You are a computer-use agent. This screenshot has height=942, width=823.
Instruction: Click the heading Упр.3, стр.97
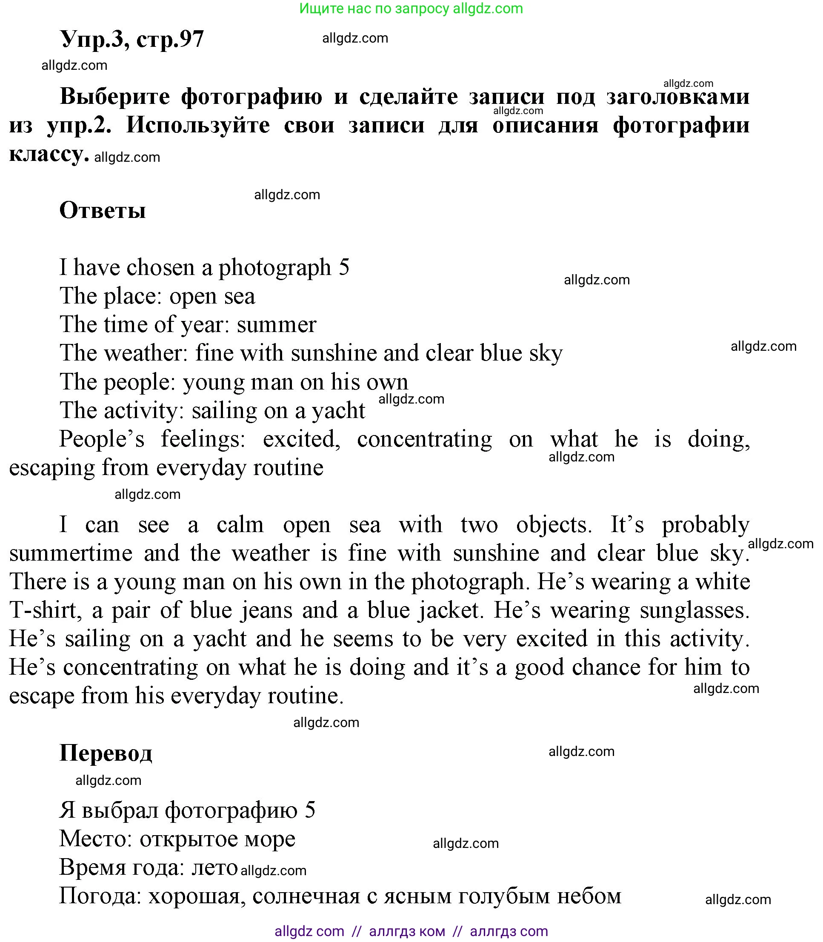[x=132, y=40]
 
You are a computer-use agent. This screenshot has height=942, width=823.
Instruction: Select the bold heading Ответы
[x=103, y=211]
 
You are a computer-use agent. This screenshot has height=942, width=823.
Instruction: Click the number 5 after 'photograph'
[x=344, y=267]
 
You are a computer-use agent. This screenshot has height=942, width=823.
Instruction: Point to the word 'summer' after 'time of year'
[x=277, y=325]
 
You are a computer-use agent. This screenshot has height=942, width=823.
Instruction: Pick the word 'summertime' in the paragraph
[x=71, y=553]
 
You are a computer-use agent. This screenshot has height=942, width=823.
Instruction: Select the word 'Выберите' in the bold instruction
[x=115, y=97]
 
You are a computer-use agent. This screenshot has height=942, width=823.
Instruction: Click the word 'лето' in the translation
[x=214, y=867]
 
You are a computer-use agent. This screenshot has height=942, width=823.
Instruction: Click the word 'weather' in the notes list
[x=146, y=353]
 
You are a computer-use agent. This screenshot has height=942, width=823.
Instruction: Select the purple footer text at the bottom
[x=411, y=931]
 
